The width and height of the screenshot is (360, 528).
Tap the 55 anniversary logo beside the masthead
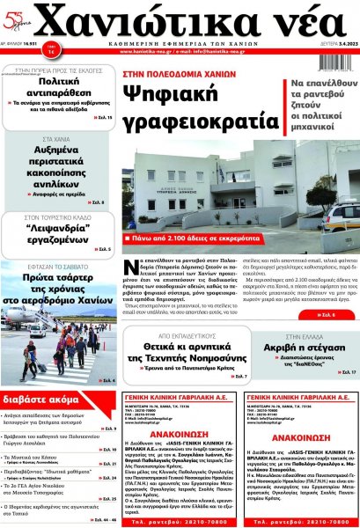(18, 21)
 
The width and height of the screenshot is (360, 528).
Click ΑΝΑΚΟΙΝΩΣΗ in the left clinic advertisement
(175, 434)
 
